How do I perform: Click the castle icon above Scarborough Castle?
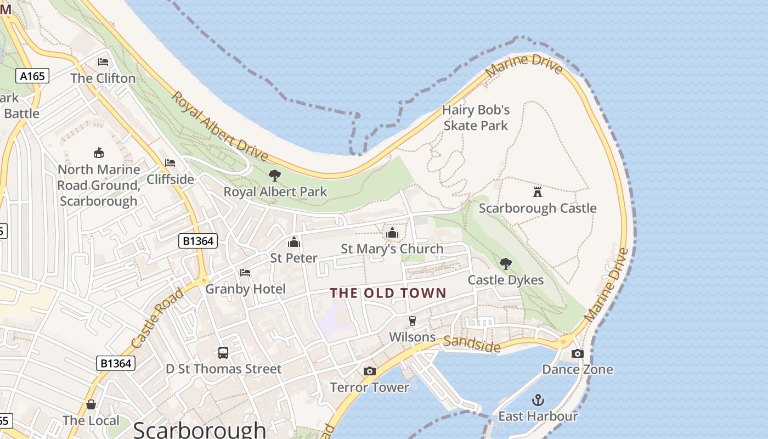537,192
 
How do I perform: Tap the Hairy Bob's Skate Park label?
476,117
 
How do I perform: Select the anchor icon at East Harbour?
538,400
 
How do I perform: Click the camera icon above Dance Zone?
577,353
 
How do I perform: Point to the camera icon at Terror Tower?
370,372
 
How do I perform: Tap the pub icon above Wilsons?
413,321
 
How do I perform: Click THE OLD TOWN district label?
388,293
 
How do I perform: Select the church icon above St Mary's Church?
392,233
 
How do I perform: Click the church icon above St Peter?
294,242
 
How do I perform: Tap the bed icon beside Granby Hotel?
245,273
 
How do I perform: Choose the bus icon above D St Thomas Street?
223,353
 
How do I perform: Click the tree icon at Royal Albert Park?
275,176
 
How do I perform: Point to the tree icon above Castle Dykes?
506,264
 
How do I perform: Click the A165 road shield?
32,76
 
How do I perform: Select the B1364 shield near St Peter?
198,240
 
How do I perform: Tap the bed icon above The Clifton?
103,62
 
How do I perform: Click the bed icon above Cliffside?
170,163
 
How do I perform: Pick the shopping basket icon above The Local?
91,404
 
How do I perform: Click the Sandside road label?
472,344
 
